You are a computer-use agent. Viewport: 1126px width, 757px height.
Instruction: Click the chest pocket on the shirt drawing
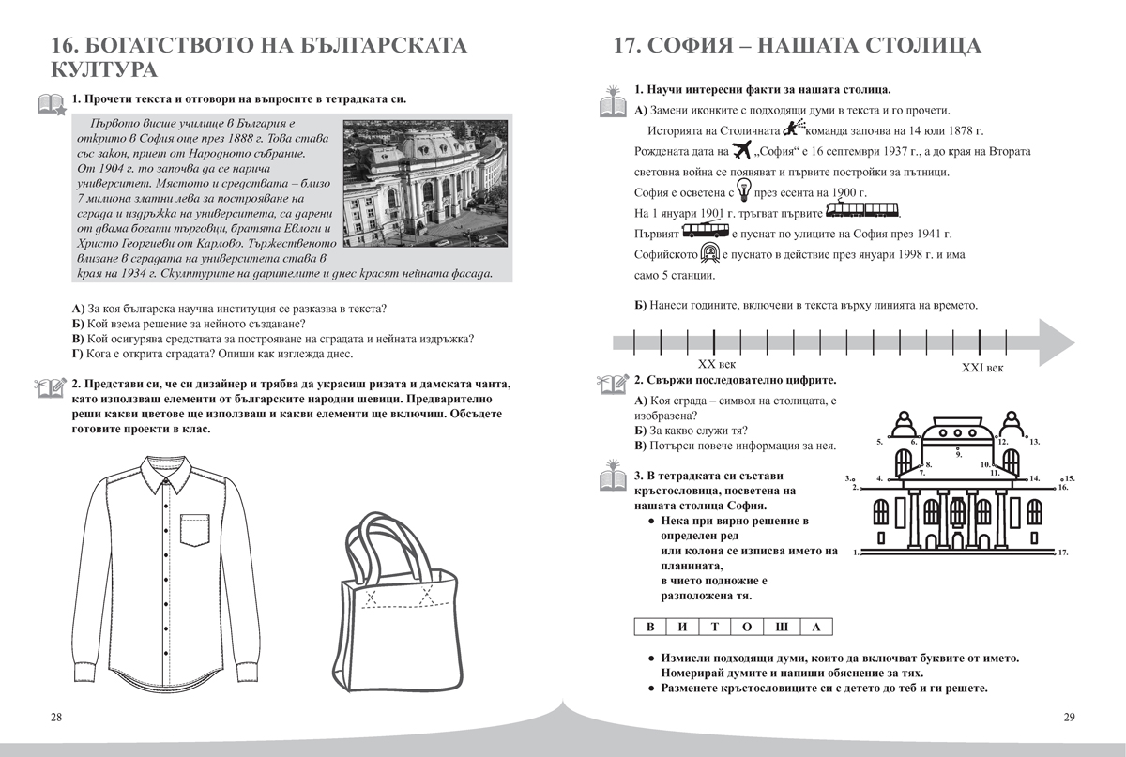click(x=196, y=526)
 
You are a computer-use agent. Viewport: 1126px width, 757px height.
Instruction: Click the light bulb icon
click(x=741, y=191)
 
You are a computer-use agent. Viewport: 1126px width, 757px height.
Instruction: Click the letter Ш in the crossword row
click(x=783, y=628)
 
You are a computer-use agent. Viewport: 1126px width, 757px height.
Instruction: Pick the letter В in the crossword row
click(x=647, y=628)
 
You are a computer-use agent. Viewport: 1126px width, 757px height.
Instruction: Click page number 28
click(x=55, y=718)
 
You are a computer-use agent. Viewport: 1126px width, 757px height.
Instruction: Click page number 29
click(x=1069, y=718)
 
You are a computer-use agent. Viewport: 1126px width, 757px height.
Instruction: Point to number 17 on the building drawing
click(x=1062, y=553)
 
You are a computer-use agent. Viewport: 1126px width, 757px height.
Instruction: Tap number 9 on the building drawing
click(x=958, y=454)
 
